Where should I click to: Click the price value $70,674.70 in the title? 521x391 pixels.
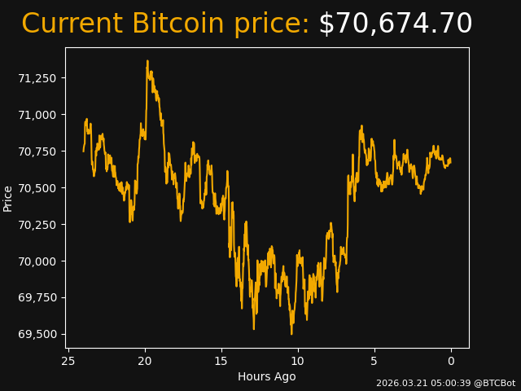[x=395, y=24]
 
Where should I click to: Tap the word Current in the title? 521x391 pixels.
[x=72, y=24]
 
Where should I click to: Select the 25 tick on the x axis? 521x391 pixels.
[x=68, y=361]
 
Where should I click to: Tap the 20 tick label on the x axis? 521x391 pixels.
[x=145, y=361]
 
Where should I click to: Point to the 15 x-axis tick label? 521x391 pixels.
[x=221, y=361]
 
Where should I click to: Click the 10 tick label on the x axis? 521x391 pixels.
[x=298, y=361]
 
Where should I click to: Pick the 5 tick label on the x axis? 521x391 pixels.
[x=374, y=361]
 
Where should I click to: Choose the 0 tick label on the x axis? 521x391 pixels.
[x=451, y=361]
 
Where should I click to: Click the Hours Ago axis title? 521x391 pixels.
[x=267, y=376]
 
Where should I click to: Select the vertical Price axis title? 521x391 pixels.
[x=8, y=198]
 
